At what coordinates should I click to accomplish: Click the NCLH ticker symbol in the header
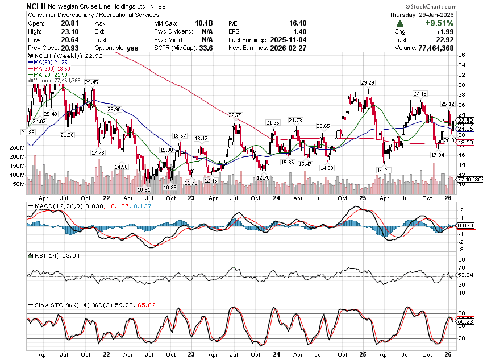tap(38, 6)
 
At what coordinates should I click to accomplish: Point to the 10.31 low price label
tap(144, 189)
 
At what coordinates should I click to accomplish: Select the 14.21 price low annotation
tap(384, 170)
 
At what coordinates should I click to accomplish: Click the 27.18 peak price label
tap(420, 93)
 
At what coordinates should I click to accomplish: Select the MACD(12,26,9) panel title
tap(59, 205)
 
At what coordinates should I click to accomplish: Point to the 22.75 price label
tap(235, 115)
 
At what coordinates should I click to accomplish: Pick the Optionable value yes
tap(132, 48)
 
